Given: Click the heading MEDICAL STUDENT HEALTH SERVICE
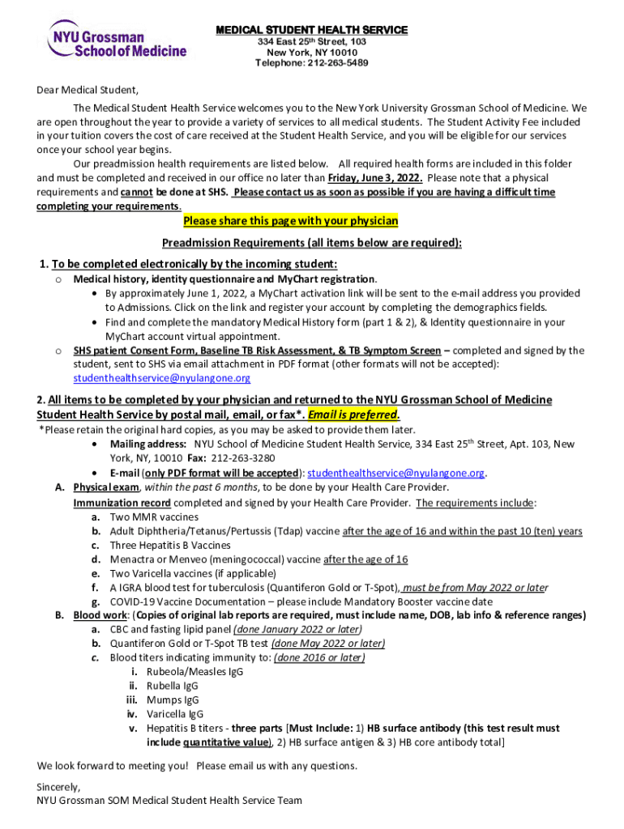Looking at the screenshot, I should coord(311,30).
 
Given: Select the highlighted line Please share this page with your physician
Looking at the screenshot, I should coord(290,221).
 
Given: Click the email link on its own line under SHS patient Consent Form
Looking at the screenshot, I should coord(161,378).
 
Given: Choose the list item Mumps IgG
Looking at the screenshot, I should coord(172,700).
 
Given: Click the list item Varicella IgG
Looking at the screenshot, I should coord(174,714).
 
